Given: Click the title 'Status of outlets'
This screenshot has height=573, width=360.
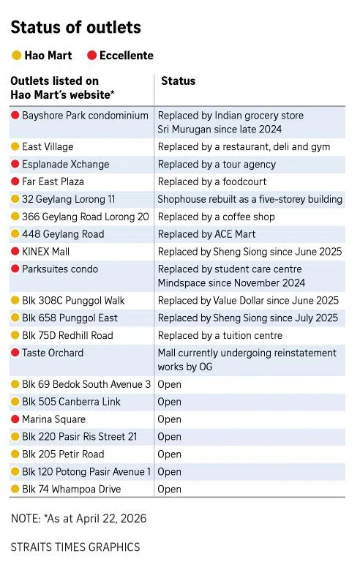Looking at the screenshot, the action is coord(75,28).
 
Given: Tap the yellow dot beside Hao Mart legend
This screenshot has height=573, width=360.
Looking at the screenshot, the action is coord(16,56).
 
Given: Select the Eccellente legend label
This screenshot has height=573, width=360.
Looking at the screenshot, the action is coord(127,56).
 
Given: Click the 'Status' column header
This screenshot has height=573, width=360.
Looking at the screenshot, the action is coord(178,81).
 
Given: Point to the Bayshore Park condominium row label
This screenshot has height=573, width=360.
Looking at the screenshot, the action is coord(85,116).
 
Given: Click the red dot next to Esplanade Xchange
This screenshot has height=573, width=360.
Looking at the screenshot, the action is coord(15,165).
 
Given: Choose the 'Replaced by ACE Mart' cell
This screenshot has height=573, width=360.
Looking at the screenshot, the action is coord(204,234).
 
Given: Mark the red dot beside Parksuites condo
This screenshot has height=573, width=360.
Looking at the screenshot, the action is coord(15,269).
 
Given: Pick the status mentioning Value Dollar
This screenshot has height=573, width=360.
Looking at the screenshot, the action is coord(248,301).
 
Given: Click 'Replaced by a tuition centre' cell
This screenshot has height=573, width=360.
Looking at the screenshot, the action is coord(220,336).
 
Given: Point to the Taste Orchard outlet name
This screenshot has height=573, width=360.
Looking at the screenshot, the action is coord(53,353).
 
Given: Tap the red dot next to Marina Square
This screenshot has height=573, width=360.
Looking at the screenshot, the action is coord(15,419).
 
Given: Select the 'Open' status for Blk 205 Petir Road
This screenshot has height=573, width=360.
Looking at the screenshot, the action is coord(170,454).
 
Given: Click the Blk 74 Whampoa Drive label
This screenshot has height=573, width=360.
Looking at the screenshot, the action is coord(72,489).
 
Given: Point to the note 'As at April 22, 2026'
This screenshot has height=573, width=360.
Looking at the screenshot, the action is coord(78,518).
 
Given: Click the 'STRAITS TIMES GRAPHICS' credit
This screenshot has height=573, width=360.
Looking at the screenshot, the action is coord(75,547).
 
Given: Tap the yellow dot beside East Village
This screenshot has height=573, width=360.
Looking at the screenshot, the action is coord(15,147).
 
